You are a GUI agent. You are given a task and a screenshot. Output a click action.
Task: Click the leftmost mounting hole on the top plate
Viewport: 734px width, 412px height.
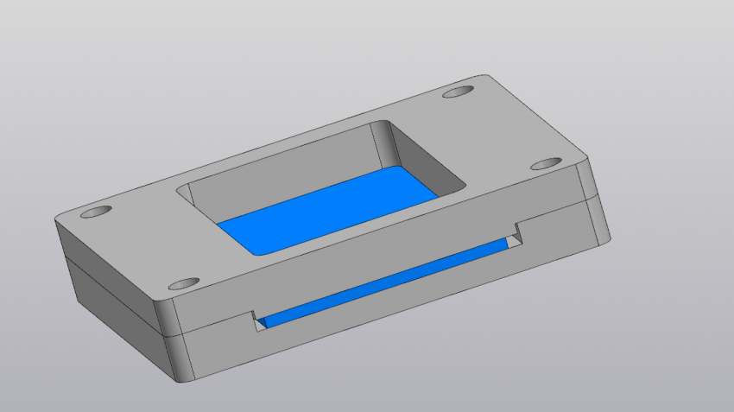(96, 211)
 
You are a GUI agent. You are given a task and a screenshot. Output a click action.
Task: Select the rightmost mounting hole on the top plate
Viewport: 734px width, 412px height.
(546, 163)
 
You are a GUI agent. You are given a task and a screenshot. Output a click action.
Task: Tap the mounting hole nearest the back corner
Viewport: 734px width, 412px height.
(459, 91)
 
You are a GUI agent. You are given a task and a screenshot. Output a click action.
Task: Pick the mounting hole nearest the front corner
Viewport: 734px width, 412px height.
(183, 283)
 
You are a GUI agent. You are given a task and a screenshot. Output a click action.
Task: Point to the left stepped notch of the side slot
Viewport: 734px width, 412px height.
(257, 320)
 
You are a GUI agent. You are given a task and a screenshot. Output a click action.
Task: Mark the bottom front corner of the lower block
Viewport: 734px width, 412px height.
(182, 381)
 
